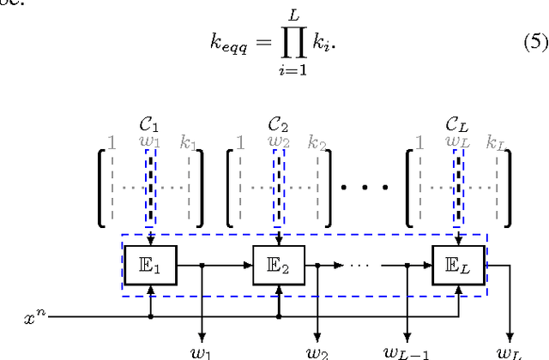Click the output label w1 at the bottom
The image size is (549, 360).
click(x=202, y=351)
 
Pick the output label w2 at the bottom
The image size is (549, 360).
click(x=330, y=351)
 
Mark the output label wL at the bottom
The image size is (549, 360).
click(x=513, y=351)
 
